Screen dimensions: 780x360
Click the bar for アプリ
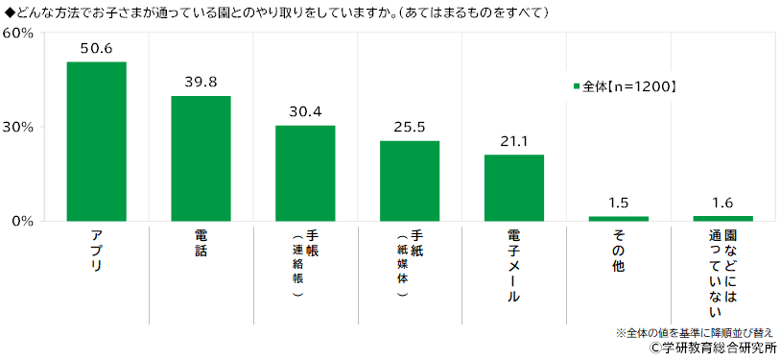tap(97, 141)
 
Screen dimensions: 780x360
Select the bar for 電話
tap(201, 158)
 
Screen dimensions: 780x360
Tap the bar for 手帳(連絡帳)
tap(305, 173)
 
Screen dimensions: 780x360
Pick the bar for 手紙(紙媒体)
tap(410, 180)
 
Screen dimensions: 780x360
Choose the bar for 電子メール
tap(514, 188)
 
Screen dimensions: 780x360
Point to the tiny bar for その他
tap(618, 219)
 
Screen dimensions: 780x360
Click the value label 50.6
tap(97, 49)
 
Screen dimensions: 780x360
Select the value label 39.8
tap(201, 83)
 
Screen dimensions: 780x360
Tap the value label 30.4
tap(305, 112)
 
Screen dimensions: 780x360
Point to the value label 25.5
tap(410, 128)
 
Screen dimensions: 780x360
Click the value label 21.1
tap(514, 142)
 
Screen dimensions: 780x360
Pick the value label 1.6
tap(722, 203)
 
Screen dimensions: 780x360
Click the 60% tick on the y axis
tap(19, 34)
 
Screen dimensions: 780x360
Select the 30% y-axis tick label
tap(19, 128)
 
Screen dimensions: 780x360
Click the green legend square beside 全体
tap(577, 86)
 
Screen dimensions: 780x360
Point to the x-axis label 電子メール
tap(514, 265)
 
